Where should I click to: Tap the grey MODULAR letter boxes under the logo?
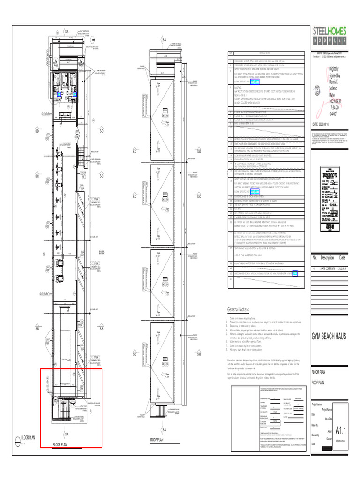[x=330, y=41]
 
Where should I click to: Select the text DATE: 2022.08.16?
[x=325, y=124]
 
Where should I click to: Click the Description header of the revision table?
[x=327, y=258]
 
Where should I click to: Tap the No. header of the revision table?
[x=315, y=258]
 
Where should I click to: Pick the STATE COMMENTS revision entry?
[x=328, y=268]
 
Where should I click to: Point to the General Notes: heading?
[x=238, y=309]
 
